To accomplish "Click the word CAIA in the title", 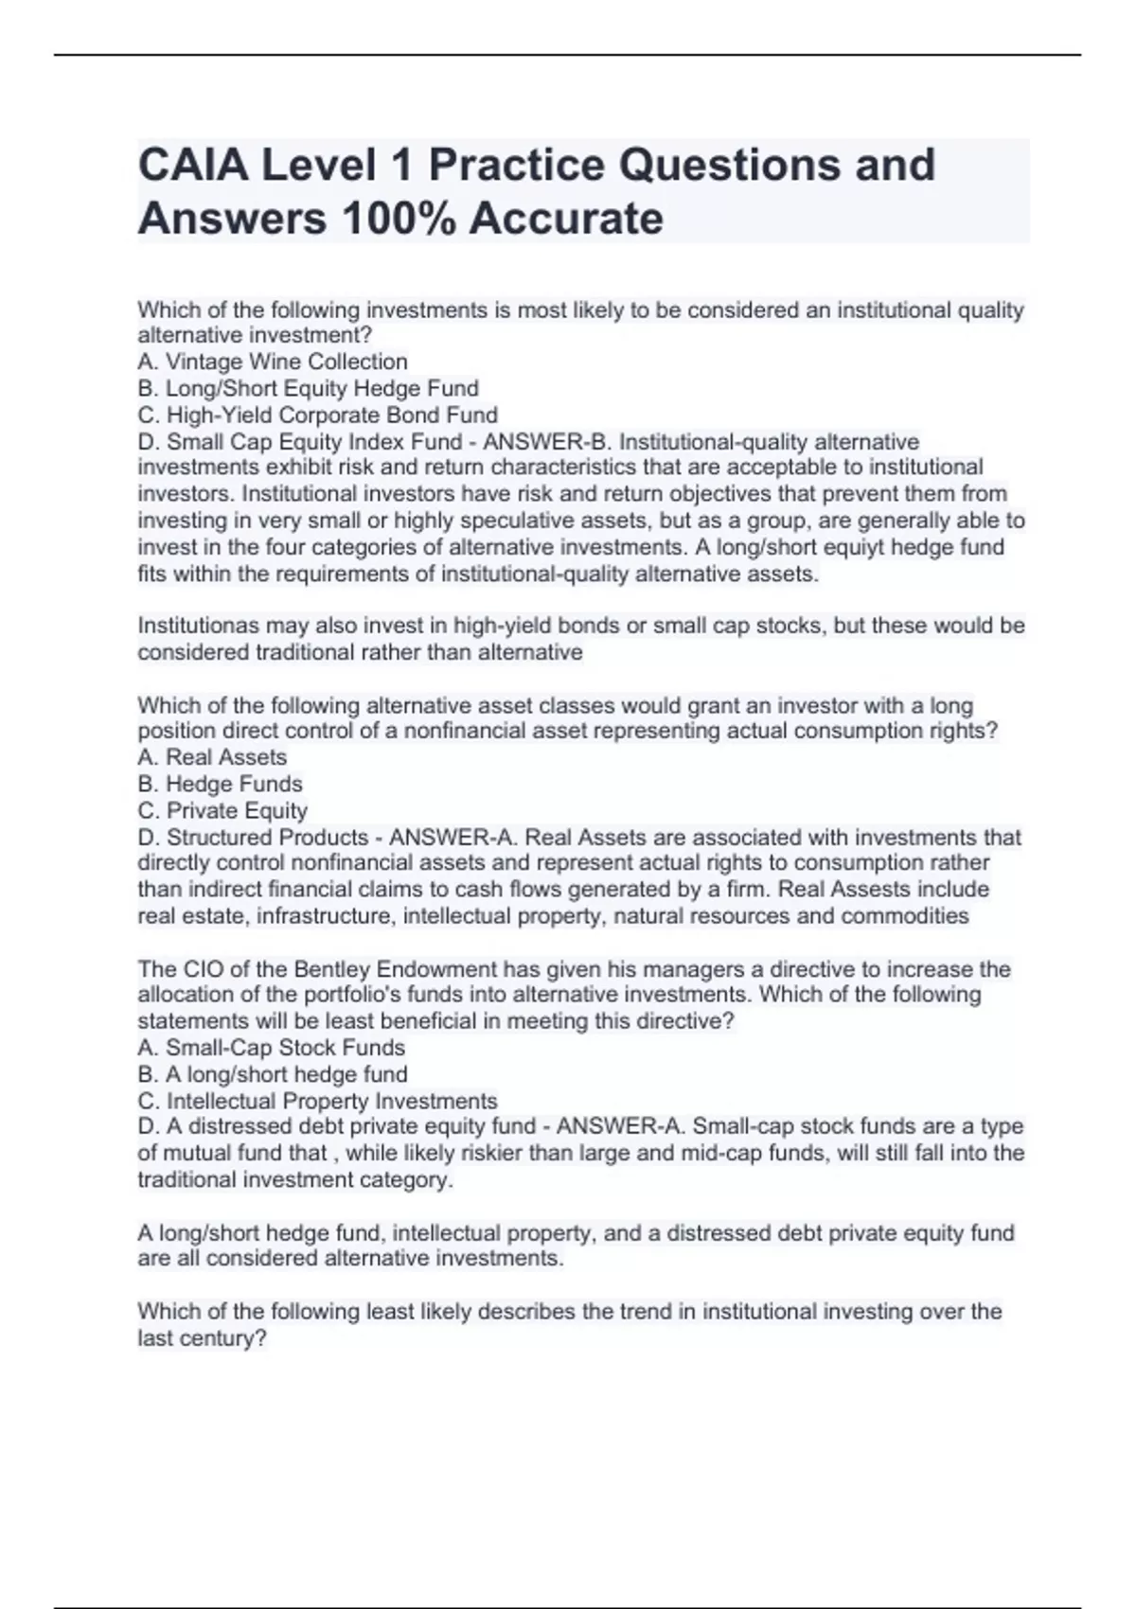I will tap(192, 165).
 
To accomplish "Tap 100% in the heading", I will tap(398, 219).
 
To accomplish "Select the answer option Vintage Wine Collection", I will tap(286, 362).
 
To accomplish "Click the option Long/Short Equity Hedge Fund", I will tap(322, 388).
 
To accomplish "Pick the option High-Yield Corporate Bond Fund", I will tap(331, 415).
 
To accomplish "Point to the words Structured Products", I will tap(267, 837).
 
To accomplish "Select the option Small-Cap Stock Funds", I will tap(285, 1048).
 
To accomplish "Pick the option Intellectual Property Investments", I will tap(331, 1101).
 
